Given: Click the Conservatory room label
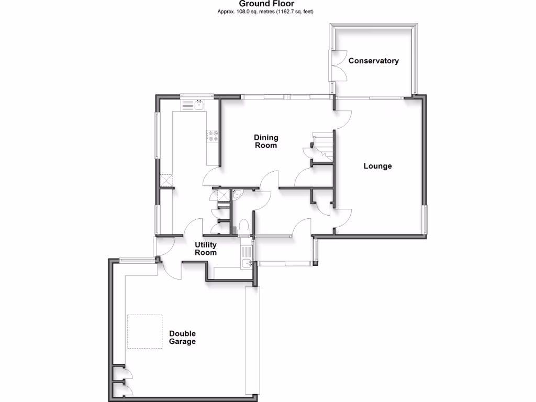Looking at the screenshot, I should point(374,61).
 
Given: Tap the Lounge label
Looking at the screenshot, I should point(377,166).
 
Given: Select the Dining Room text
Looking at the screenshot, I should point(266,142).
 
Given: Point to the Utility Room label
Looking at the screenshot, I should point(206,249).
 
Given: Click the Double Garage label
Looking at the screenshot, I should point(182,338).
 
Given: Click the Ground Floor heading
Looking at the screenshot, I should point(266,4).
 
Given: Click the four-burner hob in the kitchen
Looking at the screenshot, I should point(213,136).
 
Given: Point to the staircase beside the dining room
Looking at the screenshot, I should point(320,144).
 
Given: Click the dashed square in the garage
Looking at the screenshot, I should point(145,331).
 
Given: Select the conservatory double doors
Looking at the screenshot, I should point(338,65).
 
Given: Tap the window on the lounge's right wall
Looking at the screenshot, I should point(425,220).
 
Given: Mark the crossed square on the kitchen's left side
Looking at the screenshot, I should point(166,181).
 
